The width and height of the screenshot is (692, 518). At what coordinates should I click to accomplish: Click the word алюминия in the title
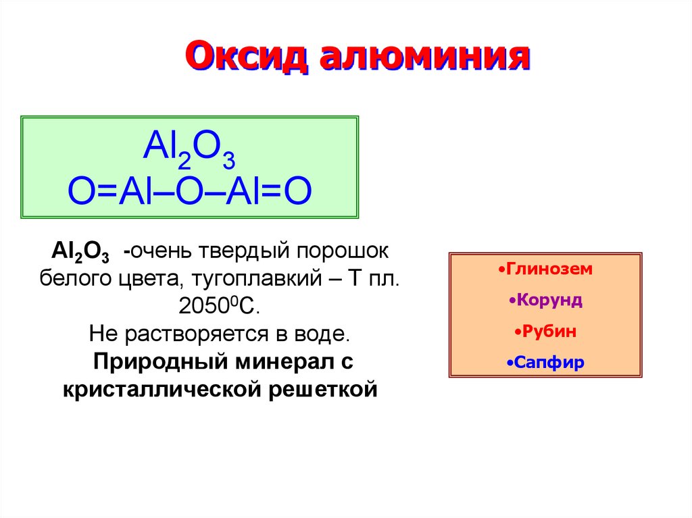[424, 56]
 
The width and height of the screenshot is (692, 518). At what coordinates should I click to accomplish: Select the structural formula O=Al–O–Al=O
[190, 191]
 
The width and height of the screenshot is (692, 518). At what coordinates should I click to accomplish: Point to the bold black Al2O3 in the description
[80, 252]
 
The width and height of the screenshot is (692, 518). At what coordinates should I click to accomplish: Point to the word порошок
[342, 251]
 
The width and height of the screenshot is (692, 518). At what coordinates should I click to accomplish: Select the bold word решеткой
[322, 390]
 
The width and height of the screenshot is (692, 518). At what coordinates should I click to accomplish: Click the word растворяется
[197, 334]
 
